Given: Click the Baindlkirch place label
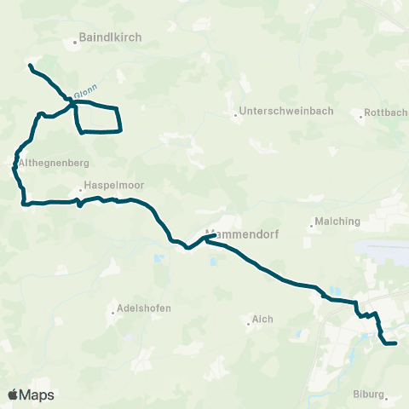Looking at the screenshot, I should (x=110, y=37).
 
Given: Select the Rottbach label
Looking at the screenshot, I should (x=384, y=112).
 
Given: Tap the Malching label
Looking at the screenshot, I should (x=338, y=221).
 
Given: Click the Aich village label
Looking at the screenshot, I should (x=261, y=320).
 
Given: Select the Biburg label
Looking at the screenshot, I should (x=368, y=395).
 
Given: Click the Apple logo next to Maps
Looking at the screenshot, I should (x=13, y=395).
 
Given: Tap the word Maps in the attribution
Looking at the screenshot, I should (x=37, y=395).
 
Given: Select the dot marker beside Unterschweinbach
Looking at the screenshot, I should (x=235, y=112).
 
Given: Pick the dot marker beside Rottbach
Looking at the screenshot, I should (x=361, y=113).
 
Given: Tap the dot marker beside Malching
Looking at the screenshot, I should (x=312, y=222).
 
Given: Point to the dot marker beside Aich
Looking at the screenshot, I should (x=246, y=322).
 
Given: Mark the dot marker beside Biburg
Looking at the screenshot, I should (x=387, y=396).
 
